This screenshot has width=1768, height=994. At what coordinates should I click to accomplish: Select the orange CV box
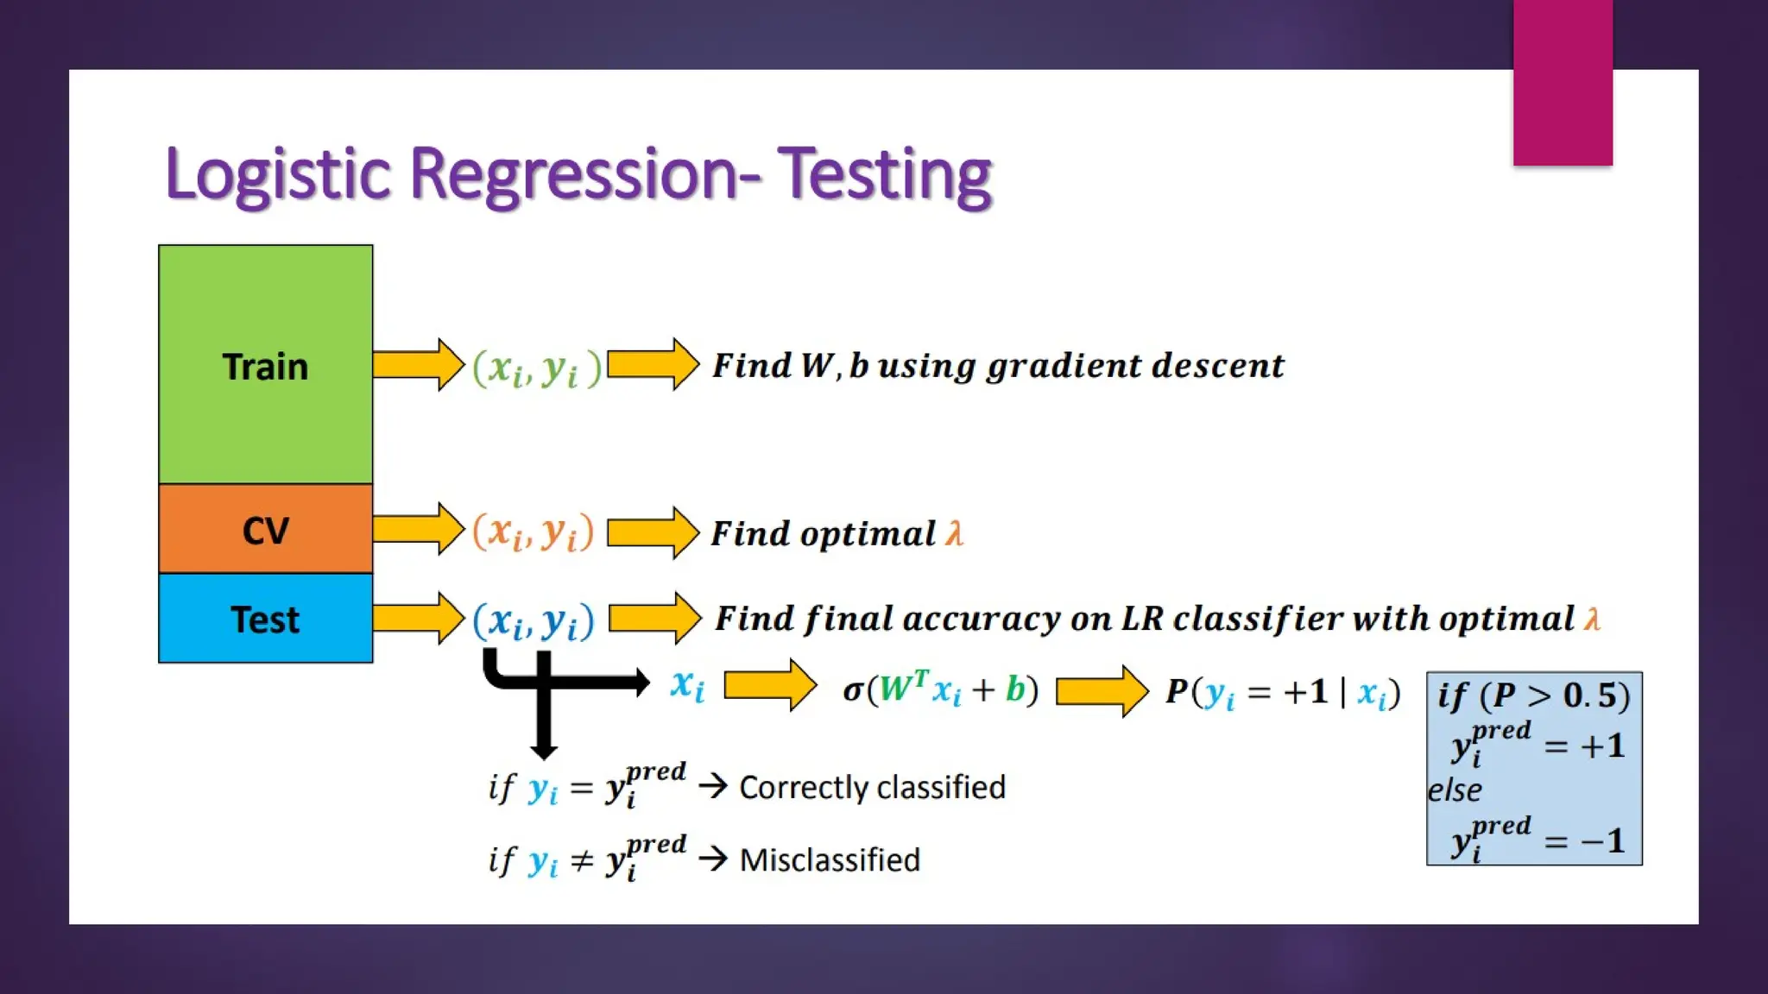click(x=265, y=529)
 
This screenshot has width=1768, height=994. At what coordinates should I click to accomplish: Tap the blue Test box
click(x=265, y=619)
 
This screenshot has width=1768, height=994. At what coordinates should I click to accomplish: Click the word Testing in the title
click(x=885, y=175)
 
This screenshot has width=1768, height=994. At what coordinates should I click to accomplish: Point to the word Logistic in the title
click(x=278, y=175)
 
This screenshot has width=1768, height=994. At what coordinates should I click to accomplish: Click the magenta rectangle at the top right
click(x=1563, y=82)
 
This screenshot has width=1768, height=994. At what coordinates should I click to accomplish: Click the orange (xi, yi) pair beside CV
click(x=534, y=532)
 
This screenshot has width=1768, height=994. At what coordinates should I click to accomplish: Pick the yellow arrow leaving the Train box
click(x=419, y=364)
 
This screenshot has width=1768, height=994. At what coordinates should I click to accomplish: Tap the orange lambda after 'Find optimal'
click(x=954, y=533)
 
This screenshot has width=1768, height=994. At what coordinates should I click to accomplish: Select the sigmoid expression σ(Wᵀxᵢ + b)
click(x=940, y=689)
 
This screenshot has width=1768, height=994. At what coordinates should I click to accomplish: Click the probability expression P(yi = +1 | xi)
click(x=1283, y=692)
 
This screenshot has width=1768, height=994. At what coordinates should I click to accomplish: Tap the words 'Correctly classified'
click(x=872, y=787)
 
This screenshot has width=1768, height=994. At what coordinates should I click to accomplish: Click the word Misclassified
click(x=830, y=859)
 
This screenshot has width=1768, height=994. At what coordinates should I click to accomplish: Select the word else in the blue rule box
click(x=1455, y=790)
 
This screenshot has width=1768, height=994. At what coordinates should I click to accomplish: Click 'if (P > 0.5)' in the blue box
click(x=1533, y=695)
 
